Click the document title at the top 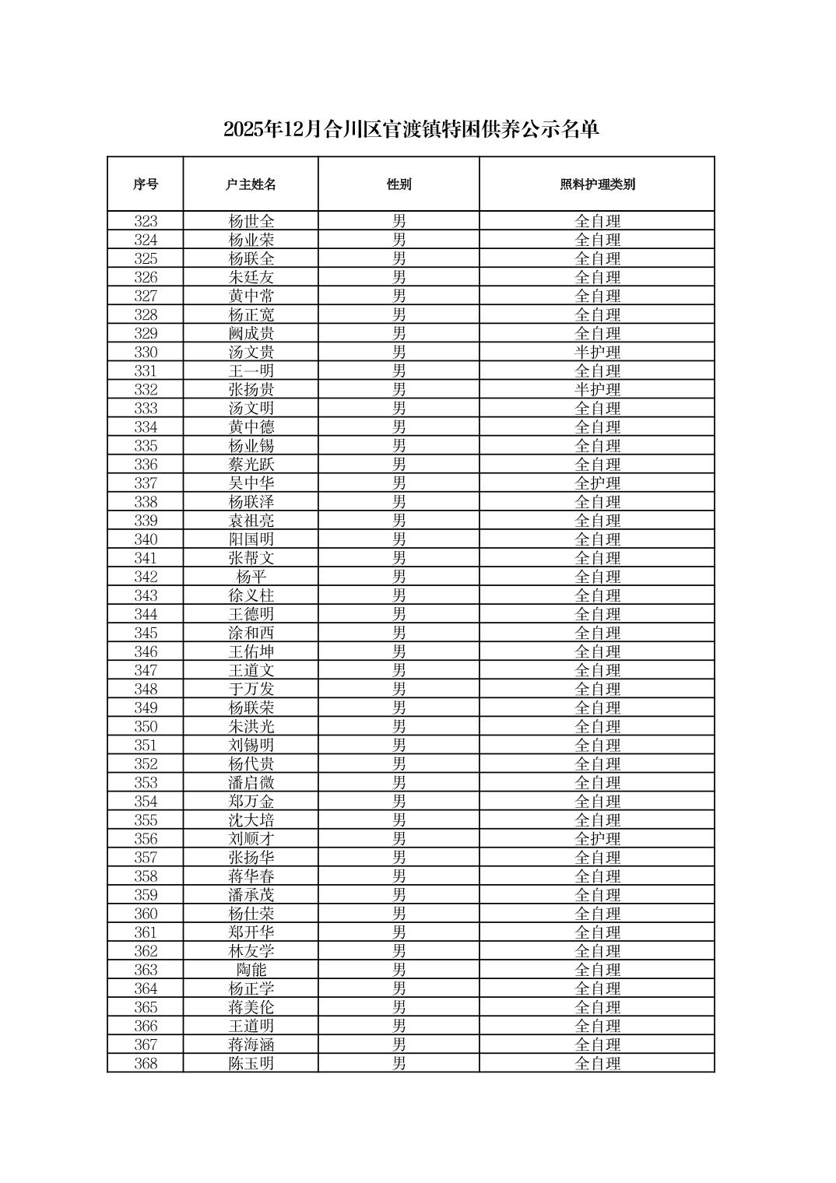coord(411,129)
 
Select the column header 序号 coord(146,184)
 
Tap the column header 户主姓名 coord(251,184)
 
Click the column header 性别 coord(399,184)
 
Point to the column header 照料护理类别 coord(597,184)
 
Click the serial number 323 coord(146,221)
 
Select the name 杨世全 coord(251,221)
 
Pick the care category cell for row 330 coord(597,353)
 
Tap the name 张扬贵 coord(251,390)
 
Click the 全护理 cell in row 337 coord(597,483)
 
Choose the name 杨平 coord(251,577)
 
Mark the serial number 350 coord(146,727)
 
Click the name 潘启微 coord(251,783)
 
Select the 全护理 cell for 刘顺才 coord(597,839)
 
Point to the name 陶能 coord(251,970)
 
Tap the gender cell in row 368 coord(399,1063)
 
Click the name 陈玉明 coord(251,1063)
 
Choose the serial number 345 coord(146,633)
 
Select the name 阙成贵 coord(251,334)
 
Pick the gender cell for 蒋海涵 coord(399,1044)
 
